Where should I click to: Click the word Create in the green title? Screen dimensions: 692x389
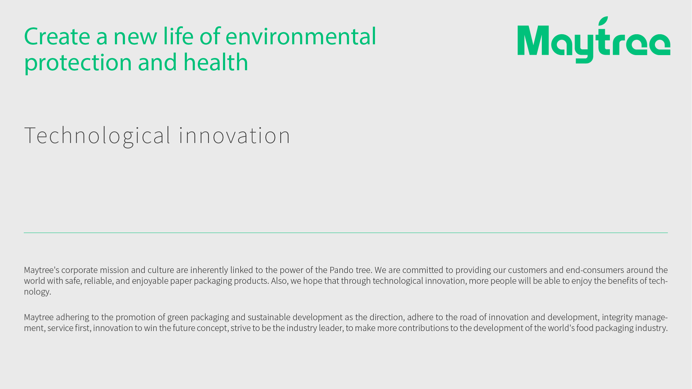(57, 36)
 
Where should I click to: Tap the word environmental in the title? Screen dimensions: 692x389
(301, 36)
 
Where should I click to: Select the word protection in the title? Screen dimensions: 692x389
(78, 63)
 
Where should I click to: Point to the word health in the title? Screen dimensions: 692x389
(216, 62)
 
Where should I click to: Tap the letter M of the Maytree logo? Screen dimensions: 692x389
(533, 40)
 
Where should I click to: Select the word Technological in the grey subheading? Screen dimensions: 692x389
(97, 136)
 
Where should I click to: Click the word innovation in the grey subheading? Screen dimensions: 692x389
(234, 135)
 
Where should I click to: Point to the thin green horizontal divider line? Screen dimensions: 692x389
(346, 233)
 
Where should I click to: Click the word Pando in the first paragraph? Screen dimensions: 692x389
(341, 270)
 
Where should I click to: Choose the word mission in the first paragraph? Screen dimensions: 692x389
(114, 270)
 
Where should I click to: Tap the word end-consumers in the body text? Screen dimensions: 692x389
(595, 270)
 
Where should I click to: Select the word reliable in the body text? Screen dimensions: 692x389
(98, 281)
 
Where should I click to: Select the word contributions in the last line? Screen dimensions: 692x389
(423, 328)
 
